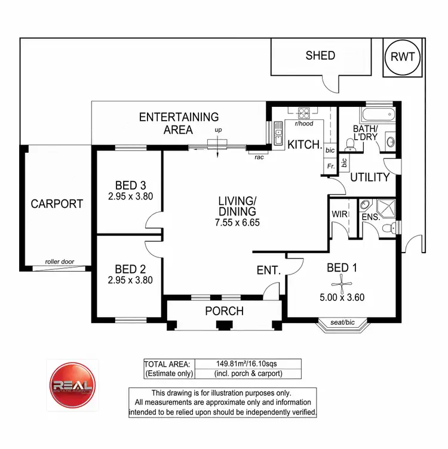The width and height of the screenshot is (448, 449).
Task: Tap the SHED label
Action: pyautogui.click(x=320, y=56)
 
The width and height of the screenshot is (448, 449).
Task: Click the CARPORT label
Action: pyautogui.click(x=57, y=204)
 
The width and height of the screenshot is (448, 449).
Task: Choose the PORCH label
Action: pyautogui.click(x=224, y=311)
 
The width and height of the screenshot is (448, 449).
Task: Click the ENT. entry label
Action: pyautogui.click(x=269, y=270)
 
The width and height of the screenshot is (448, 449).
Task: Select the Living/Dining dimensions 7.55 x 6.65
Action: pyautogui.click(x=237, y=223)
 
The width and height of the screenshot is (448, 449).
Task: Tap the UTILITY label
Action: pyautogui.click(x=370, y=177)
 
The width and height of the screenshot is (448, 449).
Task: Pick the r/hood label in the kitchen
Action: pyautogui.click(x=303, y=124)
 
